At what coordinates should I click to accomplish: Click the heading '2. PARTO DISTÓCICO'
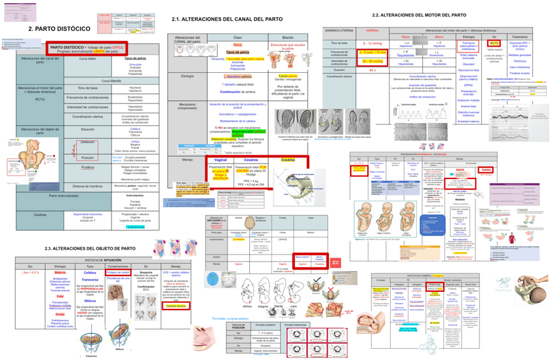click(x=59, y=30)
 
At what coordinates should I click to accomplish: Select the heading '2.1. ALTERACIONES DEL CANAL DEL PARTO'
click(x=227, y=20)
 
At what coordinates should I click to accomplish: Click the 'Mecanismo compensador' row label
click(x=187, y=108)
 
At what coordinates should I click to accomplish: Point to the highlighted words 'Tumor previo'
click(x=288, y=76)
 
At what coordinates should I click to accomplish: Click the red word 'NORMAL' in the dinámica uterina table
click(x=372, y=31)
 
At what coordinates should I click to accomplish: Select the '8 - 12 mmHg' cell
click(x=372, y=43)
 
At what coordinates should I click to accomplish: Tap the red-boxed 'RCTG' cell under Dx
click(x=494, y=43)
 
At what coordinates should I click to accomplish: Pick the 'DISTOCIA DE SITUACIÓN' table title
click(x=109, y=260)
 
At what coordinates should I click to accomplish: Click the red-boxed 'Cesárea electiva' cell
click(x=176, y=306)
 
